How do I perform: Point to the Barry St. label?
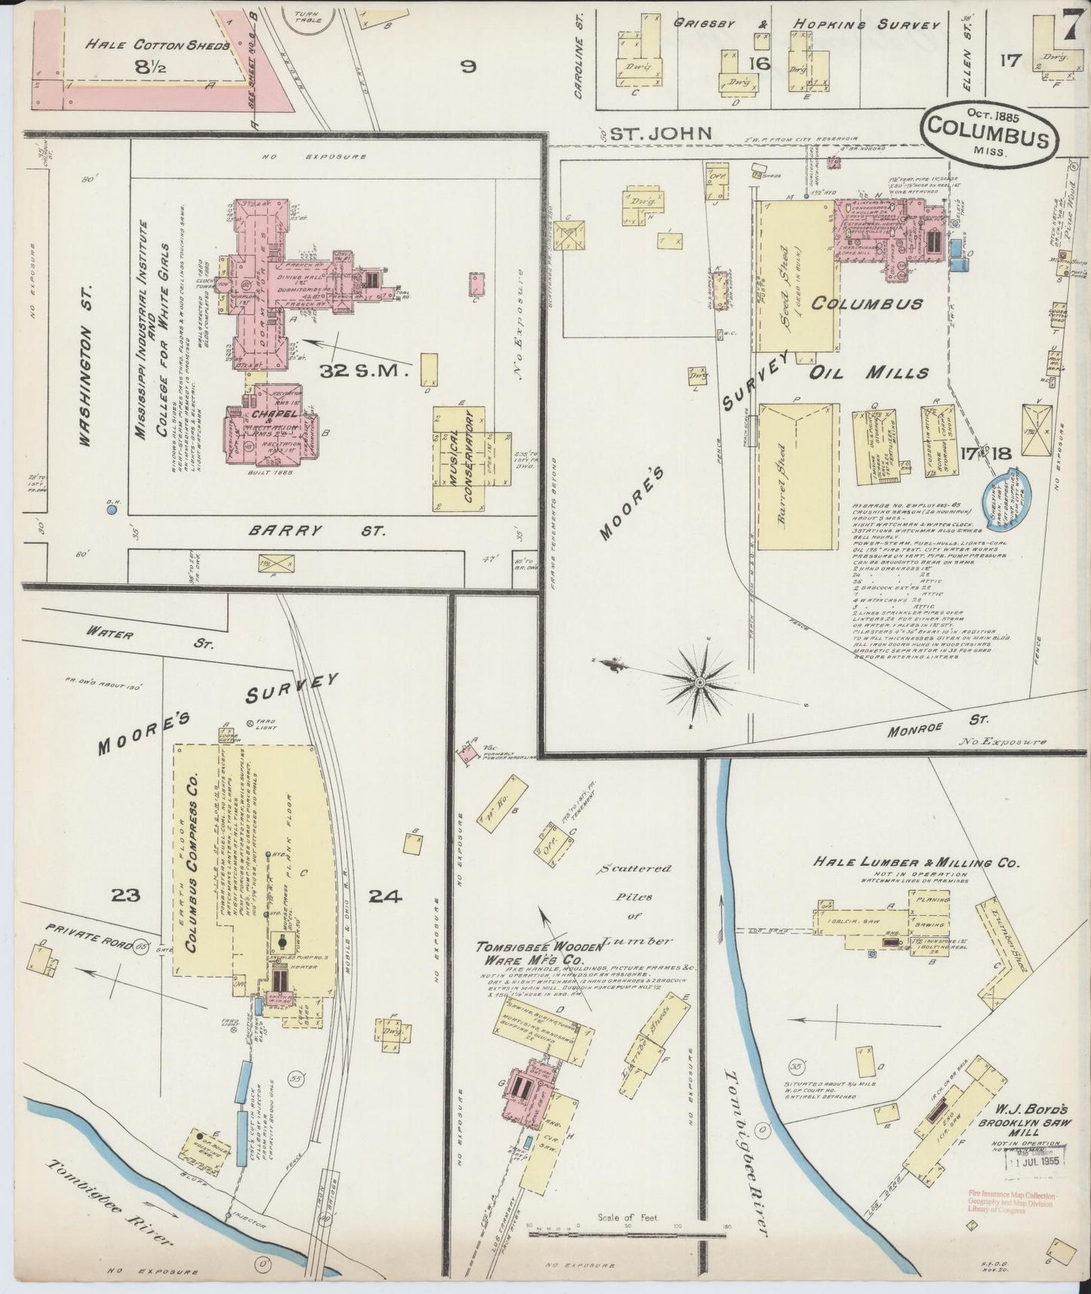(x=316, y=531)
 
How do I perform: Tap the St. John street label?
(x=661, y=134)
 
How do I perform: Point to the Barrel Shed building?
(x=797, y=476)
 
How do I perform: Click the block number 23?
(x=125, y=896)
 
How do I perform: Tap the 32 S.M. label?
(x=363, y=371)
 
